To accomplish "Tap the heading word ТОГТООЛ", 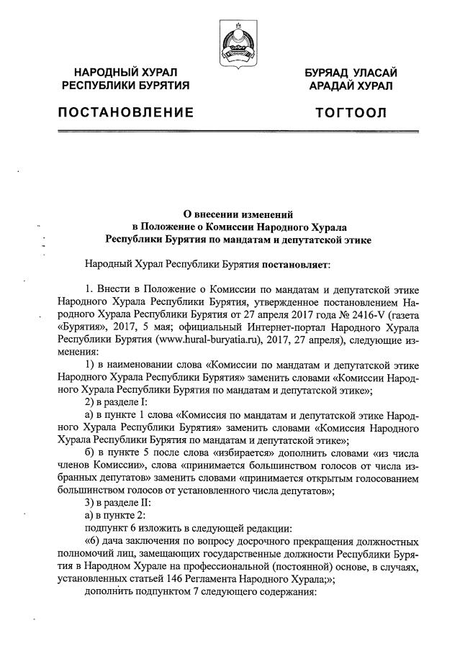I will point(351,113).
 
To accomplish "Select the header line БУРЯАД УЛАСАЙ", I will point(351,73).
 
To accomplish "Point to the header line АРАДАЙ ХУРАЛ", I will point(351,86).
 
